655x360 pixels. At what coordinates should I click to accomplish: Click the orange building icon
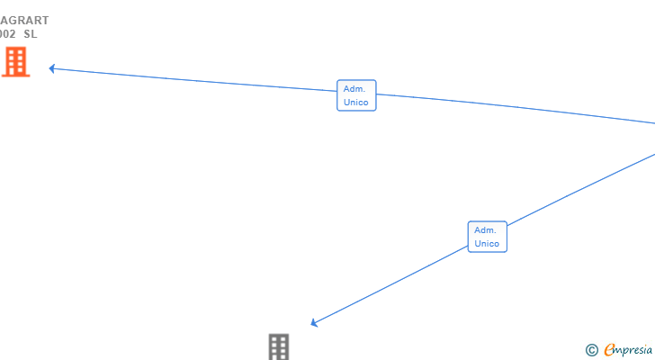(x=15, y=62)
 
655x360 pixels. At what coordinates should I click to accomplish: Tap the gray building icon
(x=279, y=346)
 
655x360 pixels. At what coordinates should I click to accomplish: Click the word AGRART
(x=24, y=20)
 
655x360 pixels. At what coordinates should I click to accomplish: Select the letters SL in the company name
(x=31, y=34)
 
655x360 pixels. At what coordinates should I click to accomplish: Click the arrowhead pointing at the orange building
(x=52, y=67)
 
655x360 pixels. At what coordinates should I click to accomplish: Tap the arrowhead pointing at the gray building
(x=314, y=322)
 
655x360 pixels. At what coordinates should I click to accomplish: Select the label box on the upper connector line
(x=356, y=95)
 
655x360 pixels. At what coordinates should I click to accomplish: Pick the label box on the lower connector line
(x=487, y=237)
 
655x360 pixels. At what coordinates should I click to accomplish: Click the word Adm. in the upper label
(x=354, y=89)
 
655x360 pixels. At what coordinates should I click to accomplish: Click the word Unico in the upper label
(x=355, y=103)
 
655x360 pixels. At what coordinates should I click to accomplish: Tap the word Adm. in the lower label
(x=485, y=229)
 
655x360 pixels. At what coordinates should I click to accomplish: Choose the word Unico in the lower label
(x=487, y=244)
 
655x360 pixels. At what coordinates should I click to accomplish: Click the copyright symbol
(x=591, y=349)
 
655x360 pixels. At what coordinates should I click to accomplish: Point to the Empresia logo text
(x=629, y=349)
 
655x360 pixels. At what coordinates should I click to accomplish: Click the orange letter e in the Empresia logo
(x=609, y=349)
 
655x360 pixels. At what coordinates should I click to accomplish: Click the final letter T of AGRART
(x=45, y=20)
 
